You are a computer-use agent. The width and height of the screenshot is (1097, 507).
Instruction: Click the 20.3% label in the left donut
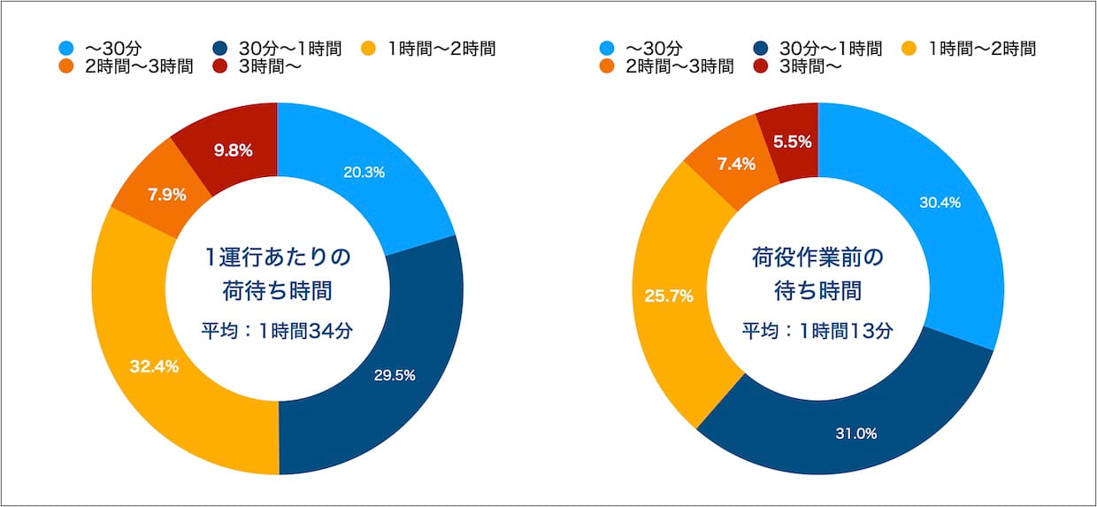tap(364, 173)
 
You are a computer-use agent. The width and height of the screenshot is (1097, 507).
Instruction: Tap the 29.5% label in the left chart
tap(394, 374)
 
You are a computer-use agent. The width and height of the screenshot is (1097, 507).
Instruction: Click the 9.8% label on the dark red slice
tap(234, 150)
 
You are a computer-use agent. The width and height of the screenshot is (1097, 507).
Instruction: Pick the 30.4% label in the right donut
tap(940, 203)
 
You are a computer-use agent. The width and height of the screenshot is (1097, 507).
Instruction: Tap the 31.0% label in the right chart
tap(855, 433)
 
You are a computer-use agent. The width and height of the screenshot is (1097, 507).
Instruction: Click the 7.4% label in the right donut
tap(730, 164)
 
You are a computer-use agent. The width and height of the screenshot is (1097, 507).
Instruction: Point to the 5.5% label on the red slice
tap(793, 140)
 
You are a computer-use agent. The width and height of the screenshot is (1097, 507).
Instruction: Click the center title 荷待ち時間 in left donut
tap(278, 289)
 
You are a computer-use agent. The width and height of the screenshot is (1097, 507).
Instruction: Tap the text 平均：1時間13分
tap(817, 331)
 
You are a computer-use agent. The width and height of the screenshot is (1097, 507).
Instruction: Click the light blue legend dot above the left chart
tap(65, 49)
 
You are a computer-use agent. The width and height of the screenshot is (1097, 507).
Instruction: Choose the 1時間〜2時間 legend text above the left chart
tap(441, 49)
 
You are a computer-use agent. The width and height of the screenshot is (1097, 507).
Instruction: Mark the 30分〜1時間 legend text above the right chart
tap(830, 49)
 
